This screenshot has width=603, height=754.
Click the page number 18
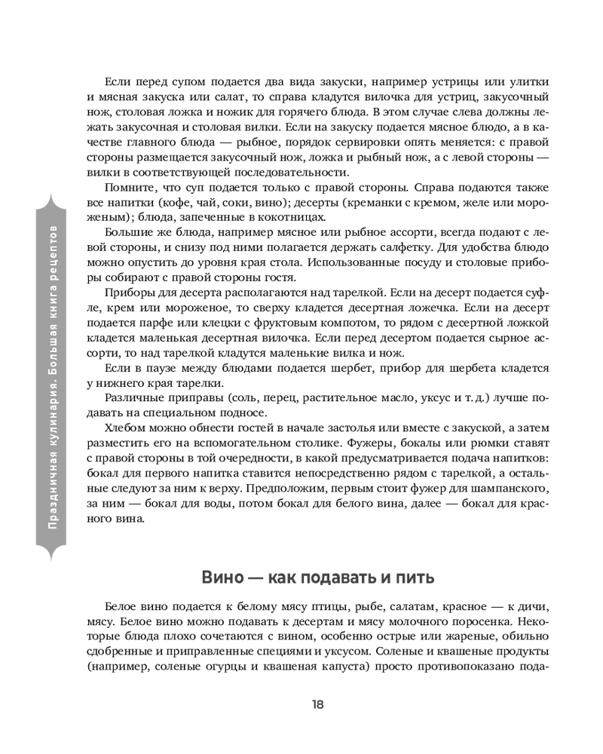(x=317, y=704)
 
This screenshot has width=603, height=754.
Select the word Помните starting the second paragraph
(x=129, y=185)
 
